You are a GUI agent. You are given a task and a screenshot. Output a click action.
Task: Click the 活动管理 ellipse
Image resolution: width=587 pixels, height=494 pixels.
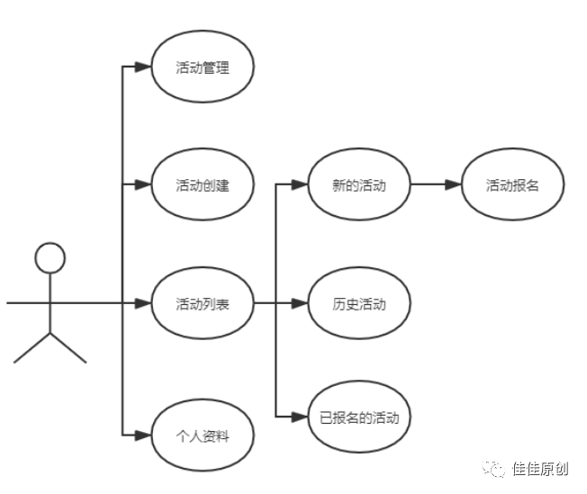pos(203,67)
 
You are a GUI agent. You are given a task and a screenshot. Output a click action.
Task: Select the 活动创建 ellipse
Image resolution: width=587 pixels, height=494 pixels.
pos(203,185)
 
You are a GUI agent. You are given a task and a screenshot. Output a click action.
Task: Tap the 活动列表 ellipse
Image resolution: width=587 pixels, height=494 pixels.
pos(203,303)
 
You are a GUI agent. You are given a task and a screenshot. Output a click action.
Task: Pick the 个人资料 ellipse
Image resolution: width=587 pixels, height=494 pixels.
pos(203,436)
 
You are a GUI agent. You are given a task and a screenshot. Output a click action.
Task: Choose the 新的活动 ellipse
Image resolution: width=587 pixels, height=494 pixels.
pos(359,185)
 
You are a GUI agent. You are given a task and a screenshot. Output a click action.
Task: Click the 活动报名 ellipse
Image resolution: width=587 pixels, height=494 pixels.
pos(512,185)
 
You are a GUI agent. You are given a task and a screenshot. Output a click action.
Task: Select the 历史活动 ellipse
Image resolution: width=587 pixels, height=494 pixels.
pos(359,303)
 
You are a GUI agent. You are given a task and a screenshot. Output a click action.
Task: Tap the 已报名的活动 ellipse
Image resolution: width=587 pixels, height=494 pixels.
pos(359,418)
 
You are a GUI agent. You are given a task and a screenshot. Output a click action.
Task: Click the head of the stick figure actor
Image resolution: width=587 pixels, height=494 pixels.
pos(50,259)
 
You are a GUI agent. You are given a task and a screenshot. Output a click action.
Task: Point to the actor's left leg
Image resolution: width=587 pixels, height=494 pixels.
pos(32,348)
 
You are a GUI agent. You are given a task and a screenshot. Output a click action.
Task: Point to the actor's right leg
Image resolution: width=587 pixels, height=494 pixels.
pos(68,348)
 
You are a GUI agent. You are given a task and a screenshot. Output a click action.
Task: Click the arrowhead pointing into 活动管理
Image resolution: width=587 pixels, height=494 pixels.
pos(141,67)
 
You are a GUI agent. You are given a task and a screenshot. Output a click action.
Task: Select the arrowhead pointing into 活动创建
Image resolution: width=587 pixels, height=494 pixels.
pos(141,185)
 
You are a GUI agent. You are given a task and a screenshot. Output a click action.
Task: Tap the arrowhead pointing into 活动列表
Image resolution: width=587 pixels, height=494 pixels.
pos(141,303)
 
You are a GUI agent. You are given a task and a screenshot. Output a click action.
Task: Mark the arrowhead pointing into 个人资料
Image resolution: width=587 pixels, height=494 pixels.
pos(141,436)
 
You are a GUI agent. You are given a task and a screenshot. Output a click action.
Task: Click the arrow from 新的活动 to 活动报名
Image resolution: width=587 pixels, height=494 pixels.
pos(436,185)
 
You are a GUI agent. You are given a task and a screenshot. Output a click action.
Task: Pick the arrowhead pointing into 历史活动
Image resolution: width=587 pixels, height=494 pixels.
pos(300,303)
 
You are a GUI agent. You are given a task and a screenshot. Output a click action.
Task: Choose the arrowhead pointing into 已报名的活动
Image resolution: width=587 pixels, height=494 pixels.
pos(300,418)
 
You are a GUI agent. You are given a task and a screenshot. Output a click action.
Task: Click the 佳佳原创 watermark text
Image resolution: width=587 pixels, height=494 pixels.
pos(540,469)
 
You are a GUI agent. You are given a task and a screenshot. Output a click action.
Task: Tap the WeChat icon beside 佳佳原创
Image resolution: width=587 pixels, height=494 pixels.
pos(493,468)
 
